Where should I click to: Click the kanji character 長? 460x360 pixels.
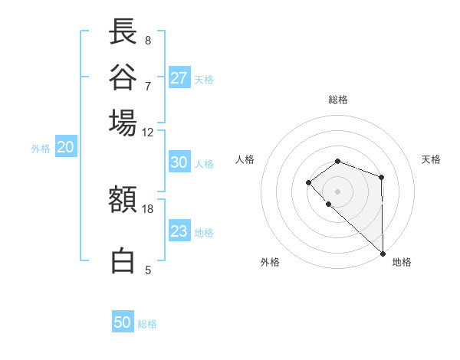coord(123,31)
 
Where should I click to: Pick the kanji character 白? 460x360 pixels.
coord(123,260)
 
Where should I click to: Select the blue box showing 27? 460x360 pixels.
coord(179,77)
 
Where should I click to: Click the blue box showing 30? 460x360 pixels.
coord(179,162)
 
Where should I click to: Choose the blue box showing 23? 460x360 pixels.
coord(179,231)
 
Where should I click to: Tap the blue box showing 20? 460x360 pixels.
coord(65,148)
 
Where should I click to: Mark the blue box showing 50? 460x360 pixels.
coord(123,322)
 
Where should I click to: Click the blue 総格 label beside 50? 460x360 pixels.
coord(147,324)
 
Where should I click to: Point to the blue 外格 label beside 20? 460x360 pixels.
coord(41,149)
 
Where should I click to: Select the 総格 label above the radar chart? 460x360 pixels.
coord(338,100)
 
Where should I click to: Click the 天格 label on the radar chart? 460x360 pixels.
coord(431,159)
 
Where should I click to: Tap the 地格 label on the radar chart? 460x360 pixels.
coord(402,262)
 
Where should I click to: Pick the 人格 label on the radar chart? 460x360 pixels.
coord(245,159)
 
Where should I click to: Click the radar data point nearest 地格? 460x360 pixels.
coord(382,253)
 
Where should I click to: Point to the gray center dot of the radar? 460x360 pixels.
coord(338,191)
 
